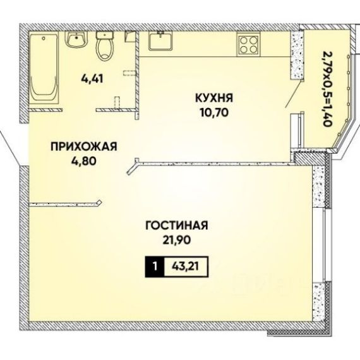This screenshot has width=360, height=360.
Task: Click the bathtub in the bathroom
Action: (44, 68)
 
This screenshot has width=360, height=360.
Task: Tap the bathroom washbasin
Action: (76, 39)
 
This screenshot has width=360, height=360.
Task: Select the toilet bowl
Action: (105, 45)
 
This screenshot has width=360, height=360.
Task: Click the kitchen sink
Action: (160, 41)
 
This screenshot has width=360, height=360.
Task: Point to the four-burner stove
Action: (249, 45)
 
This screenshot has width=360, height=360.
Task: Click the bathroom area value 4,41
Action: (92, 79)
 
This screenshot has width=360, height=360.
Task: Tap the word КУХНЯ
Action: (214, 98)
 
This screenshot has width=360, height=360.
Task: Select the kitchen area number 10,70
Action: (214, 112)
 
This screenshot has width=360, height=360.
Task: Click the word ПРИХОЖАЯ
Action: (84, 147)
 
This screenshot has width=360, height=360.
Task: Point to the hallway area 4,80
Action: (83, 161)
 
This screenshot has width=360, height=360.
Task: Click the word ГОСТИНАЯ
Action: (177, 225)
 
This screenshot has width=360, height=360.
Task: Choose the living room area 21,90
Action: (177, 240)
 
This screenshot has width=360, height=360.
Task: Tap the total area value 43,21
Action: (185, 267)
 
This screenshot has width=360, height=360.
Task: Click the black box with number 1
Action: (155, 267)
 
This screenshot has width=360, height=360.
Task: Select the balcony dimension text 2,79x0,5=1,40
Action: (327, 88)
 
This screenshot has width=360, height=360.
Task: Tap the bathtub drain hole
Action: (44, 38)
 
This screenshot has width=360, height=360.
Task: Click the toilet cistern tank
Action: (105, 35)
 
